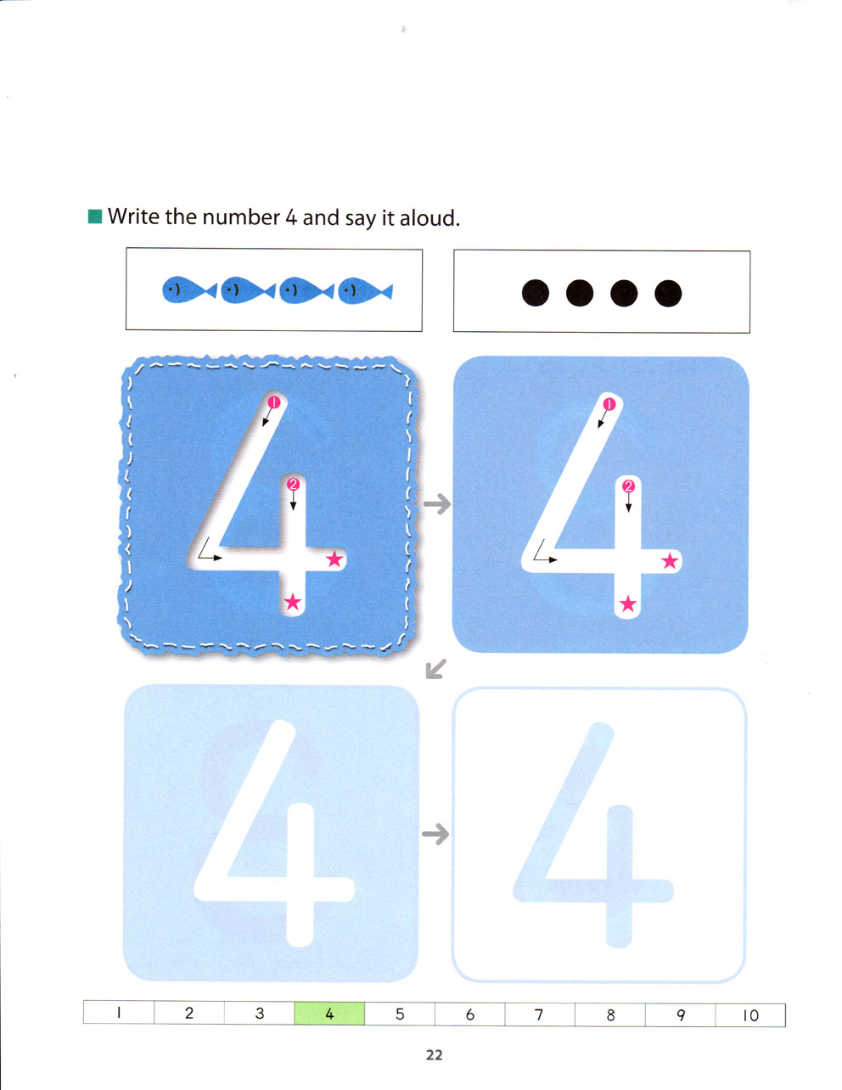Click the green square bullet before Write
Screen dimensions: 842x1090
click(95, 216)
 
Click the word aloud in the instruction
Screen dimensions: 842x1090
click(429, 217)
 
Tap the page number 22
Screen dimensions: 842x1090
click(435, 1055)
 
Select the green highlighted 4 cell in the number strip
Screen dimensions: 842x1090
click(329, 1014)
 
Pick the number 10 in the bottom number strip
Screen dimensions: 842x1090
click(750, 1016)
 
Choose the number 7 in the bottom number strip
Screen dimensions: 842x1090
click(539, 1014)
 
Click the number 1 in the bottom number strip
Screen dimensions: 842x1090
click(119, 1013)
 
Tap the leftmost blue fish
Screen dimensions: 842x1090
click(189, 290)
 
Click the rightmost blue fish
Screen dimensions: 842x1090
click(365, 291)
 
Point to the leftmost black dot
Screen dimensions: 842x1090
click(535, 293)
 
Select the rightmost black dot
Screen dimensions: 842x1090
click(668, 293)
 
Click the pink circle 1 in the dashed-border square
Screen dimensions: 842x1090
click(274, 402)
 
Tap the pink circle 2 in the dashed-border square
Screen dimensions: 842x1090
click(293, 485)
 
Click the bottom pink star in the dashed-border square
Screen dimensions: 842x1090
click(293, 602)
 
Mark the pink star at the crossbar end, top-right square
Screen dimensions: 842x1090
click(670, 561)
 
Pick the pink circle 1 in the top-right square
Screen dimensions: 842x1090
click(609, 404)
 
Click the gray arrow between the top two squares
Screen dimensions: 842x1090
click(437, 503)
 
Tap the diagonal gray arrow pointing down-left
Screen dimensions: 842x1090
click(435, 669)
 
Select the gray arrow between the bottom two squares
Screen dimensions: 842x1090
click(435, 834)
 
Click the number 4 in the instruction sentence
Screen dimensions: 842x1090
click(291, 217)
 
